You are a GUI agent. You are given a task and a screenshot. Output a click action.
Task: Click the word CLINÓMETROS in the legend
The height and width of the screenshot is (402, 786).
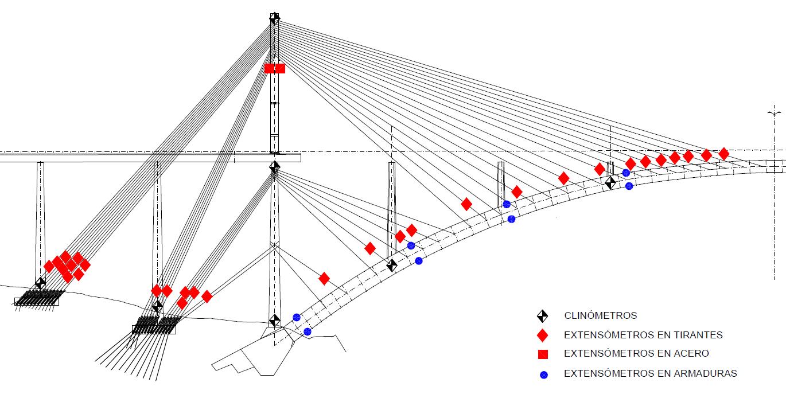(600, 316)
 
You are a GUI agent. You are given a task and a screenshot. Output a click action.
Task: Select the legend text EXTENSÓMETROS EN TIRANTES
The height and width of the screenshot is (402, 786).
(643, 335)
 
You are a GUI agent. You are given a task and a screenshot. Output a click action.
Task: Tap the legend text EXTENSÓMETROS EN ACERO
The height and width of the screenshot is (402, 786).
(636, 354)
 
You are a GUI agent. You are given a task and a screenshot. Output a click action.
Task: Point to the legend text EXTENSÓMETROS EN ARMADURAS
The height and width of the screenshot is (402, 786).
(650, 373)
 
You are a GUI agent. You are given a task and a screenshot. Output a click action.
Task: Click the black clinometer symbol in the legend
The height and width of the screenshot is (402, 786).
(543, 316)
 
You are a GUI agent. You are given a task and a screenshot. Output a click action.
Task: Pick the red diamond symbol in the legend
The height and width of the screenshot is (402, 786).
(543, 335)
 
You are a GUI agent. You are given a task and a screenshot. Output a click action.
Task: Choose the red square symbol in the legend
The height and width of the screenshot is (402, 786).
(543, 354)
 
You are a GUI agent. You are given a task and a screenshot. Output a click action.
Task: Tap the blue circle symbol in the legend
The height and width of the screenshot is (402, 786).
(544, 375)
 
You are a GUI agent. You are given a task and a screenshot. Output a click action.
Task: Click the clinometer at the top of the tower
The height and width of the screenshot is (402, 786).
(274, 18)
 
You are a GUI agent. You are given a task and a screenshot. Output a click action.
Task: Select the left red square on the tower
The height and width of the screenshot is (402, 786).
(270, 68)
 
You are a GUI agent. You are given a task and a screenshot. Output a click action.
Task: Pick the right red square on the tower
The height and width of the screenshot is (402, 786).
(280, 68)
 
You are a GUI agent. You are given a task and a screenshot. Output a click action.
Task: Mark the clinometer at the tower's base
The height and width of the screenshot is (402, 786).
(274, 321)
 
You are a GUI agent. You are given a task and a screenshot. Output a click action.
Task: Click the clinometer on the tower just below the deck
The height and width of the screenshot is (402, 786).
(275, 167)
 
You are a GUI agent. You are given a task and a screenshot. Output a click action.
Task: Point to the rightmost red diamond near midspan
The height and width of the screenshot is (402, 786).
(724, 154)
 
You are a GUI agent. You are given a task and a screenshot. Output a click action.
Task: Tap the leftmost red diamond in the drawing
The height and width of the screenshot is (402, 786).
(49, 266)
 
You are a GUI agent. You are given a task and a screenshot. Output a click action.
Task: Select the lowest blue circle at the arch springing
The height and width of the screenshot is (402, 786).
(308, 331)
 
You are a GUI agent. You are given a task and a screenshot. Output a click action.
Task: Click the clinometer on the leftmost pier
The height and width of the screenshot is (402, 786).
(40, 283)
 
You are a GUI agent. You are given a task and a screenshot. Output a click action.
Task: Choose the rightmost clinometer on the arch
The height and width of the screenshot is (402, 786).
(610, 183)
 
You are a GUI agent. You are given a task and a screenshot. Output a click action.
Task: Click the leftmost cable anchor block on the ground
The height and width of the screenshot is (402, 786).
(37, 301)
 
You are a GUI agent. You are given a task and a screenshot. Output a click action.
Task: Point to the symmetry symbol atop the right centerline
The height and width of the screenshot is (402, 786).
(775, 114)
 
